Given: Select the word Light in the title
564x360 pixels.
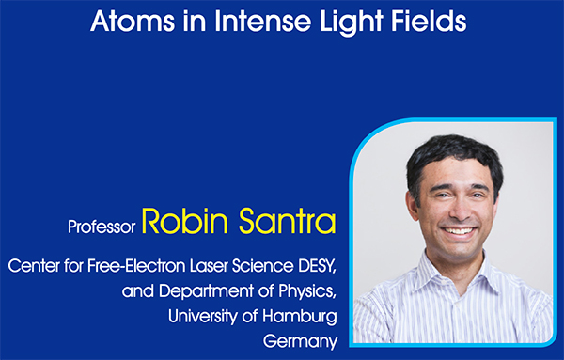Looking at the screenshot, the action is [351, 23].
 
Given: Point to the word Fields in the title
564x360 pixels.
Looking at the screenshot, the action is [429, 21].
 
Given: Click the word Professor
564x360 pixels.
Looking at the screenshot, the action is [102, 227].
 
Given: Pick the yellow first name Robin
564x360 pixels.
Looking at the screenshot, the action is [184, 221].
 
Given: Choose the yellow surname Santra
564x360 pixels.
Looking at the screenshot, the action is [287, 221].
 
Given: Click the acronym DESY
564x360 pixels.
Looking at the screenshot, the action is [317, 266].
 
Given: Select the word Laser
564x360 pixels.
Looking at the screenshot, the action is [209, 266].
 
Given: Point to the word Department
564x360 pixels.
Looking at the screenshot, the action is [206, 291].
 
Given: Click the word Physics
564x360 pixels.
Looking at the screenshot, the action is [307, 292].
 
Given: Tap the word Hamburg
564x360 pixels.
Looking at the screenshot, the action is [300, 317].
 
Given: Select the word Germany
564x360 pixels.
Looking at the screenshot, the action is [301, 342].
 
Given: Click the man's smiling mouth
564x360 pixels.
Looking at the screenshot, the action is [459, 231].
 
